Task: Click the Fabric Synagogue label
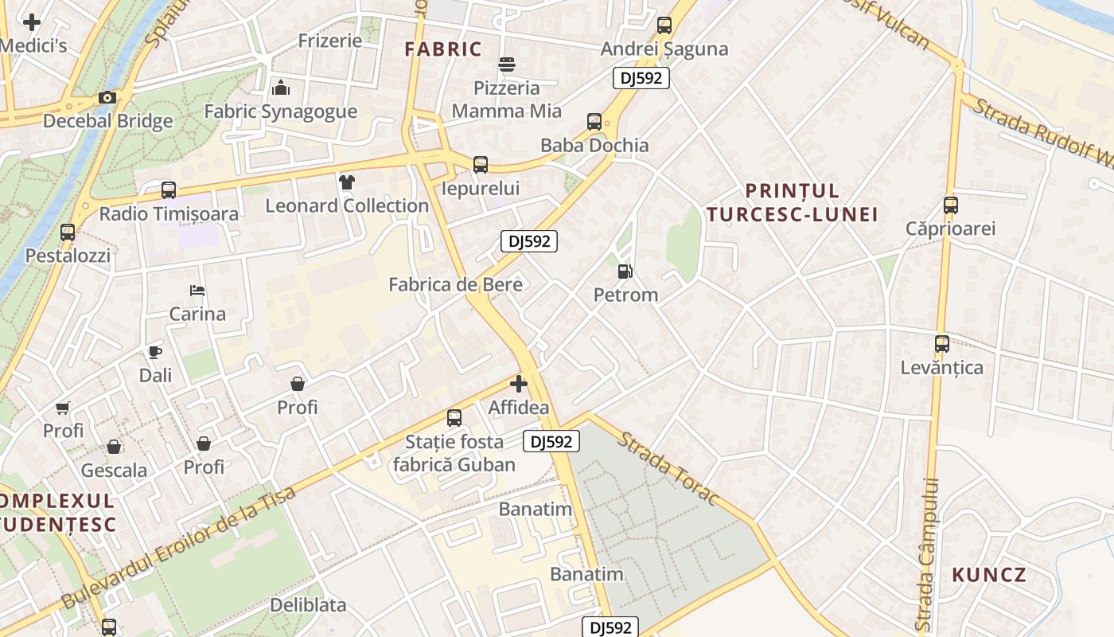(280, 111)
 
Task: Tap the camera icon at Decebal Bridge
(107, 98)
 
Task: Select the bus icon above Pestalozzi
(68, 233)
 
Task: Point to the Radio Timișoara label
(169, 214)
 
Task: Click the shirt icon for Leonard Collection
(346, 182)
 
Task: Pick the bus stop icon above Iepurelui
(481, 165)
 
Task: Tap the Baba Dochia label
(594, 146)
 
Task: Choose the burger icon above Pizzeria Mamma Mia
(507, 64)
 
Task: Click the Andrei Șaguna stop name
(664, 49)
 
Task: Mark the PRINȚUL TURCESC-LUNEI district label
(792, 202)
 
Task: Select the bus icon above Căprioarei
(950, 205)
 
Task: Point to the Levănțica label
(942, 368)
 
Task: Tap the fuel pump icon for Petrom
(625, 272)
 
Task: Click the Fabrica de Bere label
(455, 285)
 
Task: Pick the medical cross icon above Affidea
(519, 385)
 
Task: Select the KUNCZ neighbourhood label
(989, 575)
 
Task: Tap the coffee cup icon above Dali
(155, 352)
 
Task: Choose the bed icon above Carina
(197, 291)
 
